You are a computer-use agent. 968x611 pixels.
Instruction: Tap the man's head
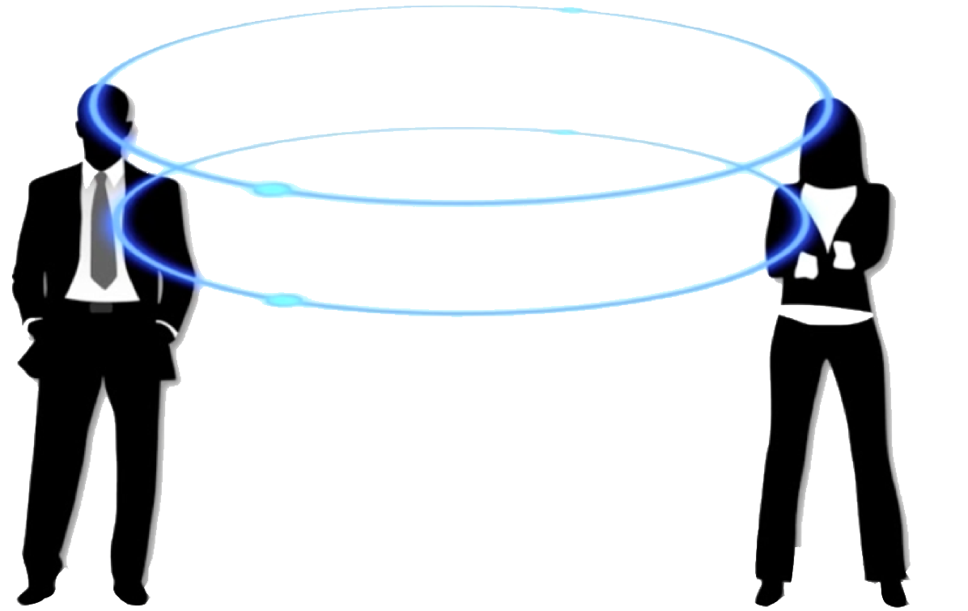104,121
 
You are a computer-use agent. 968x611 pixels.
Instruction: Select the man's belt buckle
102,308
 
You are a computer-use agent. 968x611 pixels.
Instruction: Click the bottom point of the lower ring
486,312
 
